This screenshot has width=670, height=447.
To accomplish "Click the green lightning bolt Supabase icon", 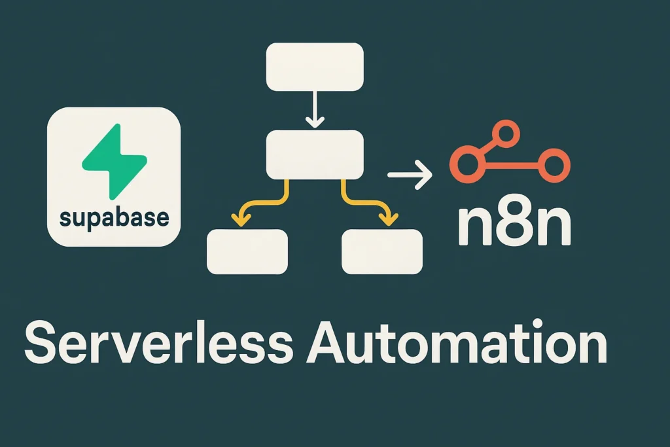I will (x=112, y=160).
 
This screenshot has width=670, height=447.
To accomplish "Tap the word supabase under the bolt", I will (x=113, y=217).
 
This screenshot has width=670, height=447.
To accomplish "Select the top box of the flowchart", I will (x=314, y=67).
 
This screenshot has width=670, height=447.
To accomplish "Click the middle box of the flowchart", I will (x=314, y=154).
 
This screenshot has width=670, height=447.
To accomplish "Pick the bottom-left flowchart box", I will (x=247, y=251).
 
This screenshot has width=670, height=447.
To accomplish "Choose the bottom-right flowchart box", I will (x=382, y=251).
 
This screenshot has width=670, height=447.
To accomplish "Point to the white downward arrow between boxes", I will (x=315, y=111).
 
